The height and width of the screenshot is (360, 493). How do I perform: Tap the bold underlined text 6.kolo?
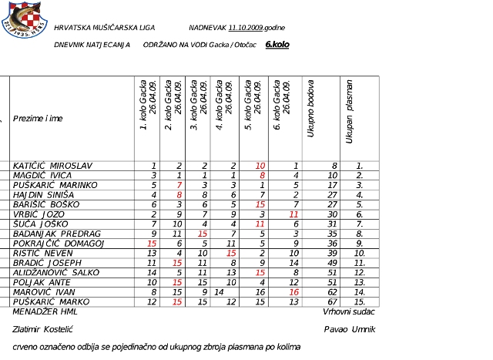click(277, 45)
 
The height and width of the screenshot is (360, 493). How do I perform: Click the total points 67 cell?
click(332, 301)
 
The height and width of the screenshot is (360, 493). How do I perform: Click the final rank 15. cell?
click(358, 301)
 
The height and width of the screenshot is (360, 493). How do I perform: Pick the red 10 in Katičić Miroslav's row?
click(260, 166)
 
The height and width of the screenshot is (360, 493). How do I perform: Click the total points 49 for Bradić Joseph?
click(332, 262)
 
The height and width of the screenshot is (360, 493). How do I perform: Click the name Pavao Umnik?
click(352, 329)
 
